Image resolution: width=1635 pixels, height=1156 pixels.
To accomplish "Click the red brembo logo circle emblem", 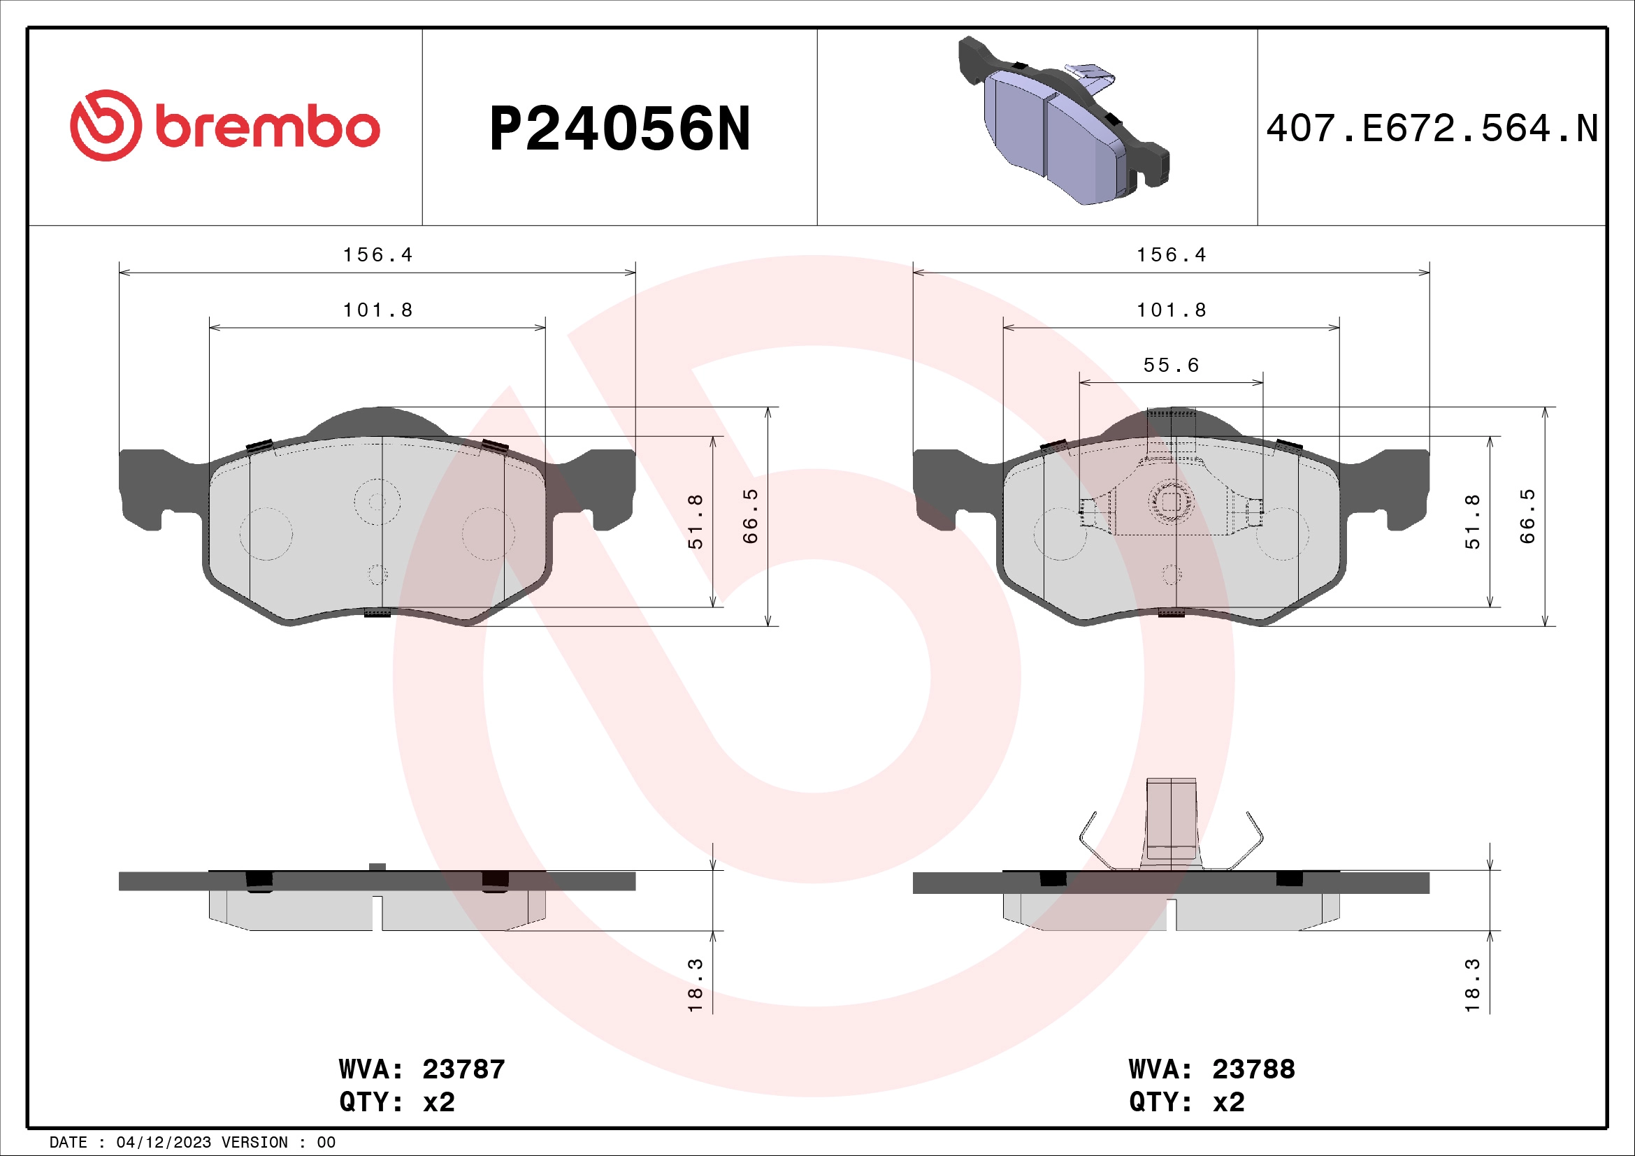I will pos(106,125).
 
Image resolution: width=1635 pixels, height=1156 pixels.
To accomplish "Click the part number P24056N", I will pos(619,129).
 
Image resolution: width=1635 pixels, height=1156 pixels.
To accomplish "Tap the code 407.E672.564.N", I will pos(1432,129).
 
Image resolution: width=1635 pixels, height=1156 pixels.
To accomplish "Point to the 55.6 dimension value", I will pos(1171,366).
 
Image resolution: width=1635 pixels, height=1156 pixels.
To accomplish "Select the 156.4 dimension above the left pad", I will pos(377,255).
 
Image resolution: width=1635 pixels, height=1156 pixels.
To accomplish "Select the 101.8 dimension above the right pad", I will pos(1171,310).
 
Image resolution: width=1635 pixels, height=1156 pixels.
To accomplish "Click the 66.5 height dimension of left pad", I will pos(751,516).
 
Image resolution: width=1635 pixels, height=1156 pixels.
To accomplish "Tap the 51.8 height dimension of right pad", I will pos(1472,521).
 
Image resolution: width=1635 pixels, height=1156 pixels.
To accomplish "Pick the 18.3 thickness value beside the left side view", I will pos(696,985).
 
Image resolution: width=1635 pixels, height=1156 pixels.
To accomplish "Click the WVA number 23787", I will pos(463,1069).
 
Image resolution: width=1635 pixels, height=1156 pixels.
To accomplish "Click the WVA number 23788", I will pos(1253,1069).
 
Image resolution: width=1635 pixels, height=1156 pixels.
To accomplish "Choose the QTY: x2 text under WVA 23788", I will pos(1186,1102).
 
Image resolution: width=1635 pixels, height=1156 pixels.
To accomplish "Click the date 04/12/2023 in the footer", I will pos(163,1143).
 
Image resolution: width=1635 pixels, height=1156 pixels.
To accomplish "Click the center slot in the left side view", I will pos(377,913).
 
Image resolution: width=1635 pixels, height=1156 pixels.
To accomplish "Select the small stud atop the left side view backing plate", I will pos(377,866).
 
